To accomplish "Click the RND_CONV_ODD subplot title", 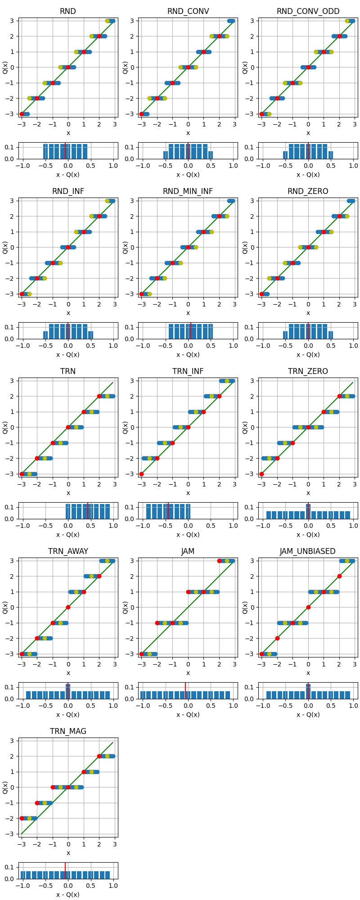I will (308, 11).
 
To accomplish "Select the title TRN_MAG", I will (68, 731).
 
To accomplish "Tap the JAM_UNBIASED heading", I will (308, 551).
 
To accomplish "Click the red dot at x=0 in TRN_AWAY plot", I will (68, 607).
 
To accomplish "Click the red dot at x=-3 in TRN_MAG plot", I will (22, 818).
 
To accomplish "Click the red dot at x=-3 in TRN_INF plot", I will (142, 474).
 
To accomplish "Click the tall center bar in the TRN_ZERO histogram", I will (308, 512).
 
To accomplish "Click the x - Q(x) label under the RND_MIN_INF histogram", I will (188, 355).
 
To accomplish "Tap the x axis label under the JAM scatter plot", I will (188, 673).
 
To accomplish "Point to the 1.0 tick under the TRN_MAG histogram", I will (113, 886).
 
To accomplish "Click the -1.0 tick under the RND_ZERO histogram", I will (262, 346).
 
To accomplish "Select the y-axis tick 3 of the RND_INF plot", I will (13, 201).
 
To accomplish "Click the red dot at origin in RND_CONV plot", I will (188, 67).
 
